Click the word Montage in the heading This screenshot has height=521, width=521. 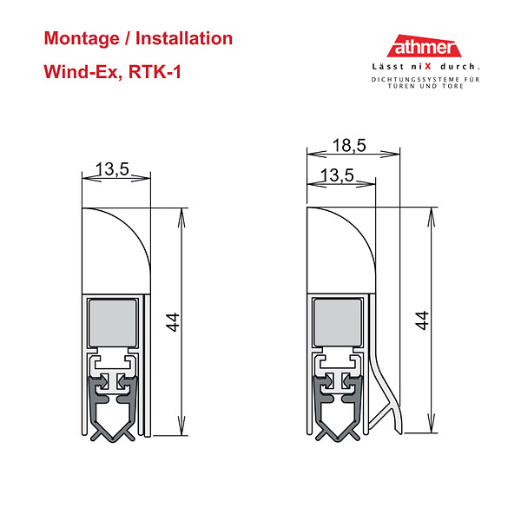82,39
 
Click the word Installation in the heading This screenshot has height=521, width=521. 184,38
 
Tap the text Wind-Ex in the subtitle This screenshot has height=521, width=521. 81,71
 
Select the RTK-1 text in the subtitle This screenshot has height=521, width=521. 155,71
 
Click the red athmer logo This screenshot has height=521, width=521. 424,46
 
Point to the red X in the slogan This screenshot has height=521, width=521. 427,67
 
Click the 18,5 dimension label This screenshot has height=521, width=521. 349,146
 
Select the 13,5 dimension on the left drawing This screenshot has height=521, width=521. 112,169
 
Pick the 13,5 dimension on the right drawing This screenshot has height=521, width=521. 337,175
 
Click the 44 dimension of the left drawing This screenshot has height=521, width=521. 173,322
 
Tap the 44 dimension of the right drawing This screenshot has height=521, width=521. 422,320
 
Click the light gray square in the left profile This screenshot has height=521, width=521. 113,323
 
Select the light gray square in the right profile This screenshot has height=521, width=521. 338,322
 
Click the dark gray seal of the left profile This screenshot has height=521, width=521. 113,409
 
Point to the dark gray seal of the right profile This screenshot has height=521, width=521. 338,408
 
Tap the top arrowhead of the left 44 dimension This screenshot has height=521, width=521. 181,218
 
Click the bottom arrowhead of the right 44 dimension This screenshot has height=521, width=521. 431,423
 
